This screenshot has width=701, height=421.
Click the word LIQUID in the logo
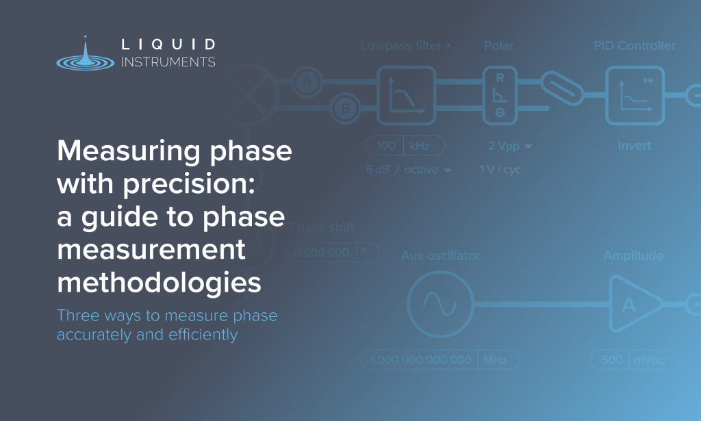pos(168,45)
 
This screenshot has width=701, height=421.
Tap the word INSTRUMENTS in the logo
pos(168,62)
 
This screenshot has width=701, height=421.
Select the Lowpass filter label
pos(402,47)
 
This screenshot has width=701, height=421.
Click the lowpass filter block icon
pos(407,94)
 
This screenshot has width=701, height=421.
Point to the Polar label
pos(498,47)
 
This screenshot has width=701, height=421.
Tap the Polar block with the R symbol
pos(500,94)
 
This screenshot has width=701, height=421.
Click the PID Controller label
pos(634,47)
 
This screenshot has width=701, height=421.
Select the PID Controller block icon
pos(635,94)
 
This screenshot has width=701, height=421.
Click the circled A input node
pos(306,82)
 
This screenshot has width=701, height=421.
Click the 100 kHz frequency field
pos(405,146)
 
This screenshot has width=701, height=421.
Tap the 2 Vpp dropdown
pos(510,146)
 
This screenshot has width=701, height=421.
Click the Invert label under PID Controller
pos(634,146)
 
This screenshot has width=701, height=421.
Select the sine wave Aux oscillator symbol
pos(439,303)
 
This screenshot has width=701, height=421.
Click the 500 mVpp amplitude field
pos(633,360)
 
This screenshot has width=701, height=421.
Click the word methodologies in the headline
pos(159,282)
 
